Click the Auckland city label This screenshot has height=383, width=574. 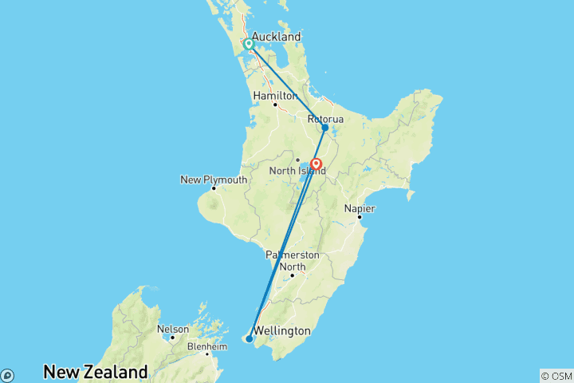276,37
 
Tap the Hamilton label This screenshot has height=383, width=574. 274,96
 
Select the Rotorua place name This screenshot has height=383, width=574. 326,119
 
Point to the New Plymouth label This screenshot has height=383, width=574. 214,180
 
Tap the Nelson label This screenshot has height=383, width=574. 173,329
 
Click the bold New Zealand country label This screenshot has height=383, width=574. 96,372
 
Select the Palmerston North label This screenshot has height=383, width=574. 293,261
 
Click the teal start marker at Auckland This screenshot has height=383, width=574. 249,45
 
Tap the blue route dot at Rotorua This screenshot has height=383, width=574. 325,128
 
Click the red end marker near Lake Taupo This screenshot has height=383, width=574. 316,165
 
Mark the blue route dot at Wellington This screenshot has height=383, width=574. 250,339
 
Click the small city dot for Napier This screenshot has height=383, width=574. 360,217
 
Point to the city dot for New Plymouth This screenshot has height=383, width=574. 214,188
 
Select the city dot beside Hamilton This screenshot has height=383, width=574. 275,105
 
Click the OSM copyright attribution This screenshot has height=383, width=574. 556,375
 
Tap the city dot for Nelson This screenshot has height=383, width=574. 172,338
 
